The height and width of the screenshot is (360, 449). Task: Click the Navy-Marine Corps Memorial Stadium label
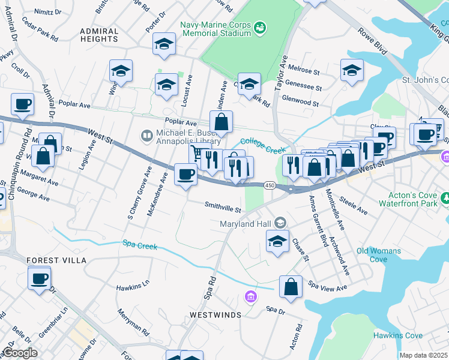click(x=215, y=29)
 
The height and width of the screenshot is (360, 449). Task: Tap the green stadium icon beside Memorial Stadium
click(x=260, y=28)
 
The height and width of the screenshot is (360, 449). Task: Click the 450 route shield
click(x=270, y=187)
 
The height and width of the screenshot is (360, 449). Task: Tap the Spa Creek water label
click(x=140, y=245)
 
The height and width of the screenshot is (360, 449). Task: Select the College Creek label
click(x=261, y=142)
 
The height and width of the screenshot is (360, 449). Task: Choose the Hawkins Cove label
click(x=397, y=335)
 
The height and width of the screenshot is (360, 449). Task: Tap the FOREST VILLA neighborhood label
click(x=57, y=260)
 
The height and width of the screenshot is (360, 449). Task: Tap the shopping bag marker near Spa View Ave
click(x=291, y=286)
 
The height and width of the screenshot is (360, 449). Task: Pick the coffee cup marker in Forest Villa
click(x=40, y=278)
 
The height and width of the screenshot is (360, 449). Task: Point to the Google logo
click(x=20, y=353)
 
